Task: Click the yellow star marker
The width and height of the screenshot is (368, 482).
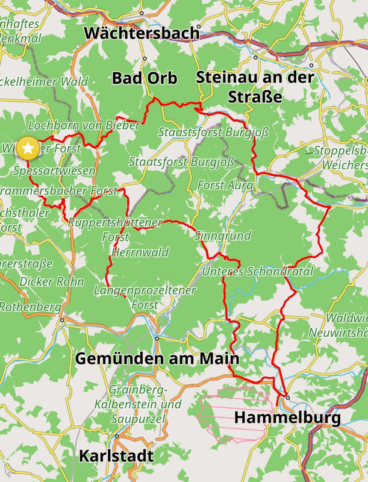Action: pos(27,148)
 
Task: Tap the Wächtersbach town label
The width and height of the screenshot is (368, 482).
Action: pos(142,33)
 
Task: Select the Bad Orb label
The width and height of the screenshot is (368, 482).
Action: pos(145,78)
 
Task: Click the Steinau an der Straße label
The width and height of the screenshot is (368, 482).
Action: pos(254,87)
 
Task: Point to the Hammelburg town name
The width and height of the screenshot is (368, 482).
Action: pos(287,417)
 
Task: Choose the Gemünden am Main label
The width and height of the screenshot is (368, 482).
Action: pos(157,358)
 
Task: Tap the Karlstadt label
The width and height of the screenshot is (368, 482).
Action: pos(116,456)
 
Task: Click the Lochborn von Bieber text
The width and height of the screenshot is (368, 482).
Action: pos(84,125)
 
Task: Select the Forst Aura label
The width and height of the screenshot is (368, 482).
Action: pos(225,186)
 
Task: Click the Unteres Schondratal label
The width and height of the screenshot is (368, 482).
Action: pos(258,272)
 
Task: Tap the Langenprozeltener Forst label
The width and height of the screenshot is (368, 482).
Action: pos(145,298)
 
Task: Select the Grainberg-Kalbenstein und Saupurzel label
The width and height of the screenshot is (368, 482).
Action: pos(145,404)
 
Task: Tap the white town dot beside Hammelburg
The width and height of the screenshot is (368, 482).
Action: pos(287,398)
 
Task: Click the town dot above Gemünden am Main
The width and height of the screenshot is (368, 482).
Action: pos(157,338)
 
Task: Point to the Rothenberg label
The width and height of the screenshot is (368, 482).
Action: pos(30,307)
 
